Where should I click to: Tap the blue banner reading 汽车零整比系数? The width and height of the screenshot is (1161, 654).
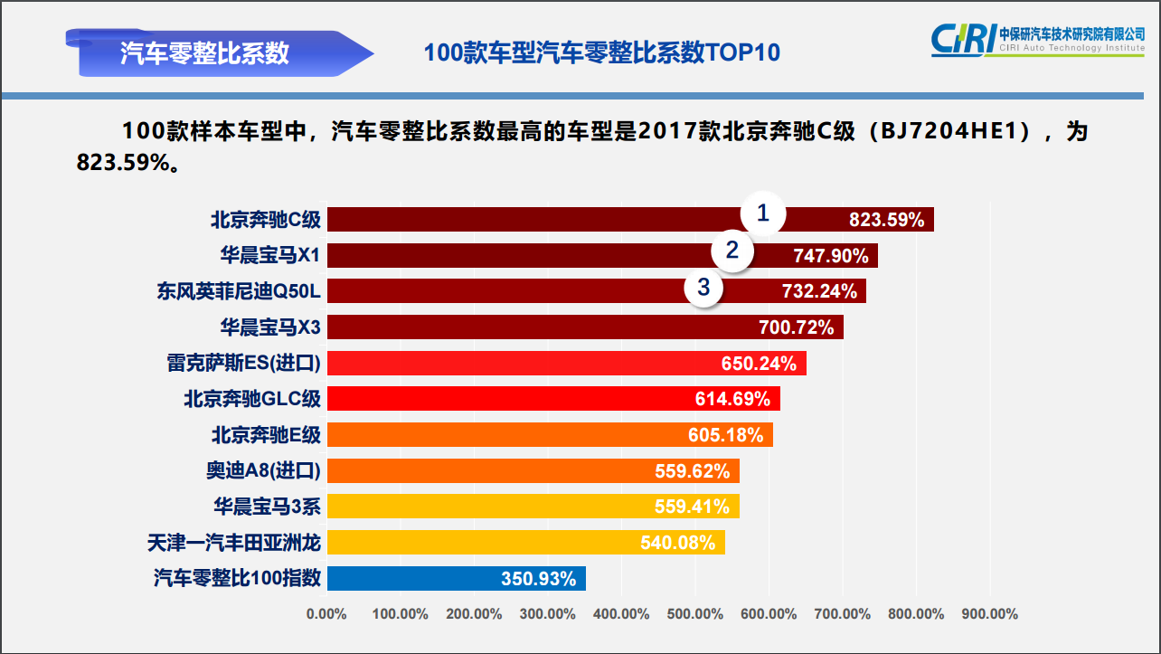(x=205, y=52)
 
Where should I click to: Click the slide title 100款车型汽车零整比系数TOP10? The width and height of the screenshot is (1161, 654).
(x=601, y=52)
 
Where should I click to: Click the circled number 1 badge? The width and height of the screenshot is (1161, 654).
(x=763, y=214)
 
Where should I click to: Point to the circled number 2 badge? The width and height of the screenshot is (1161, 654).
(x=732, y=251)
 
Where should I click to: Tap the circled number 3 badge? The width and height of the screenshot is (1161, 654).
(x=703, y=288)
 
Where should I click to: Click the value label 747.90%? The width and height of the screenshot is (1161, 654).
(x=830, y=256)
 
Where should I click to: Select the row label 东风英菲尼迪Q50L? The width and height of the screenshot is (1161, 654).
(x=239, y=291)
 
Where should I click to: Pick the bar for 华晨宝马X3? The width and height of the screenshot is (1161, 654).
(x=543, y=327)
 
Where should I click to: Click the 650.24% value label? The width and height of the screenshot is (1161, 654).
(x=759, y=364)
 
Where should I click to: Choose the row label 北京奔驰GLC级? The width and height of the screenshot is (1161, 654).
(x=252, y=399)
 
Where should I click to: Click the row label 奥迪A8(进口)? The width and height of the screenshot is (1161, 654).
(x=263, y=470)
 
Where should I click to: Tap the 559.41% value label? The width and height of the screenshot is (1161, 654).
(x=692, y=507)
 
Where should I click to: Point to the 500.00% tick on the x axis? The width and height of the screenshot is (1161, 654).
(x=694, y=614)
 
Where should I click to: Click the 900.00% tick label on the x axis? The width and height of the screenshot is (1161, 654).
(x=989, y=614)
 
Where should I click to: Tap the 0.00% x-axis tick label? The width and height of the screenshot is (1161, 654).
(x=326, y=614)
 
